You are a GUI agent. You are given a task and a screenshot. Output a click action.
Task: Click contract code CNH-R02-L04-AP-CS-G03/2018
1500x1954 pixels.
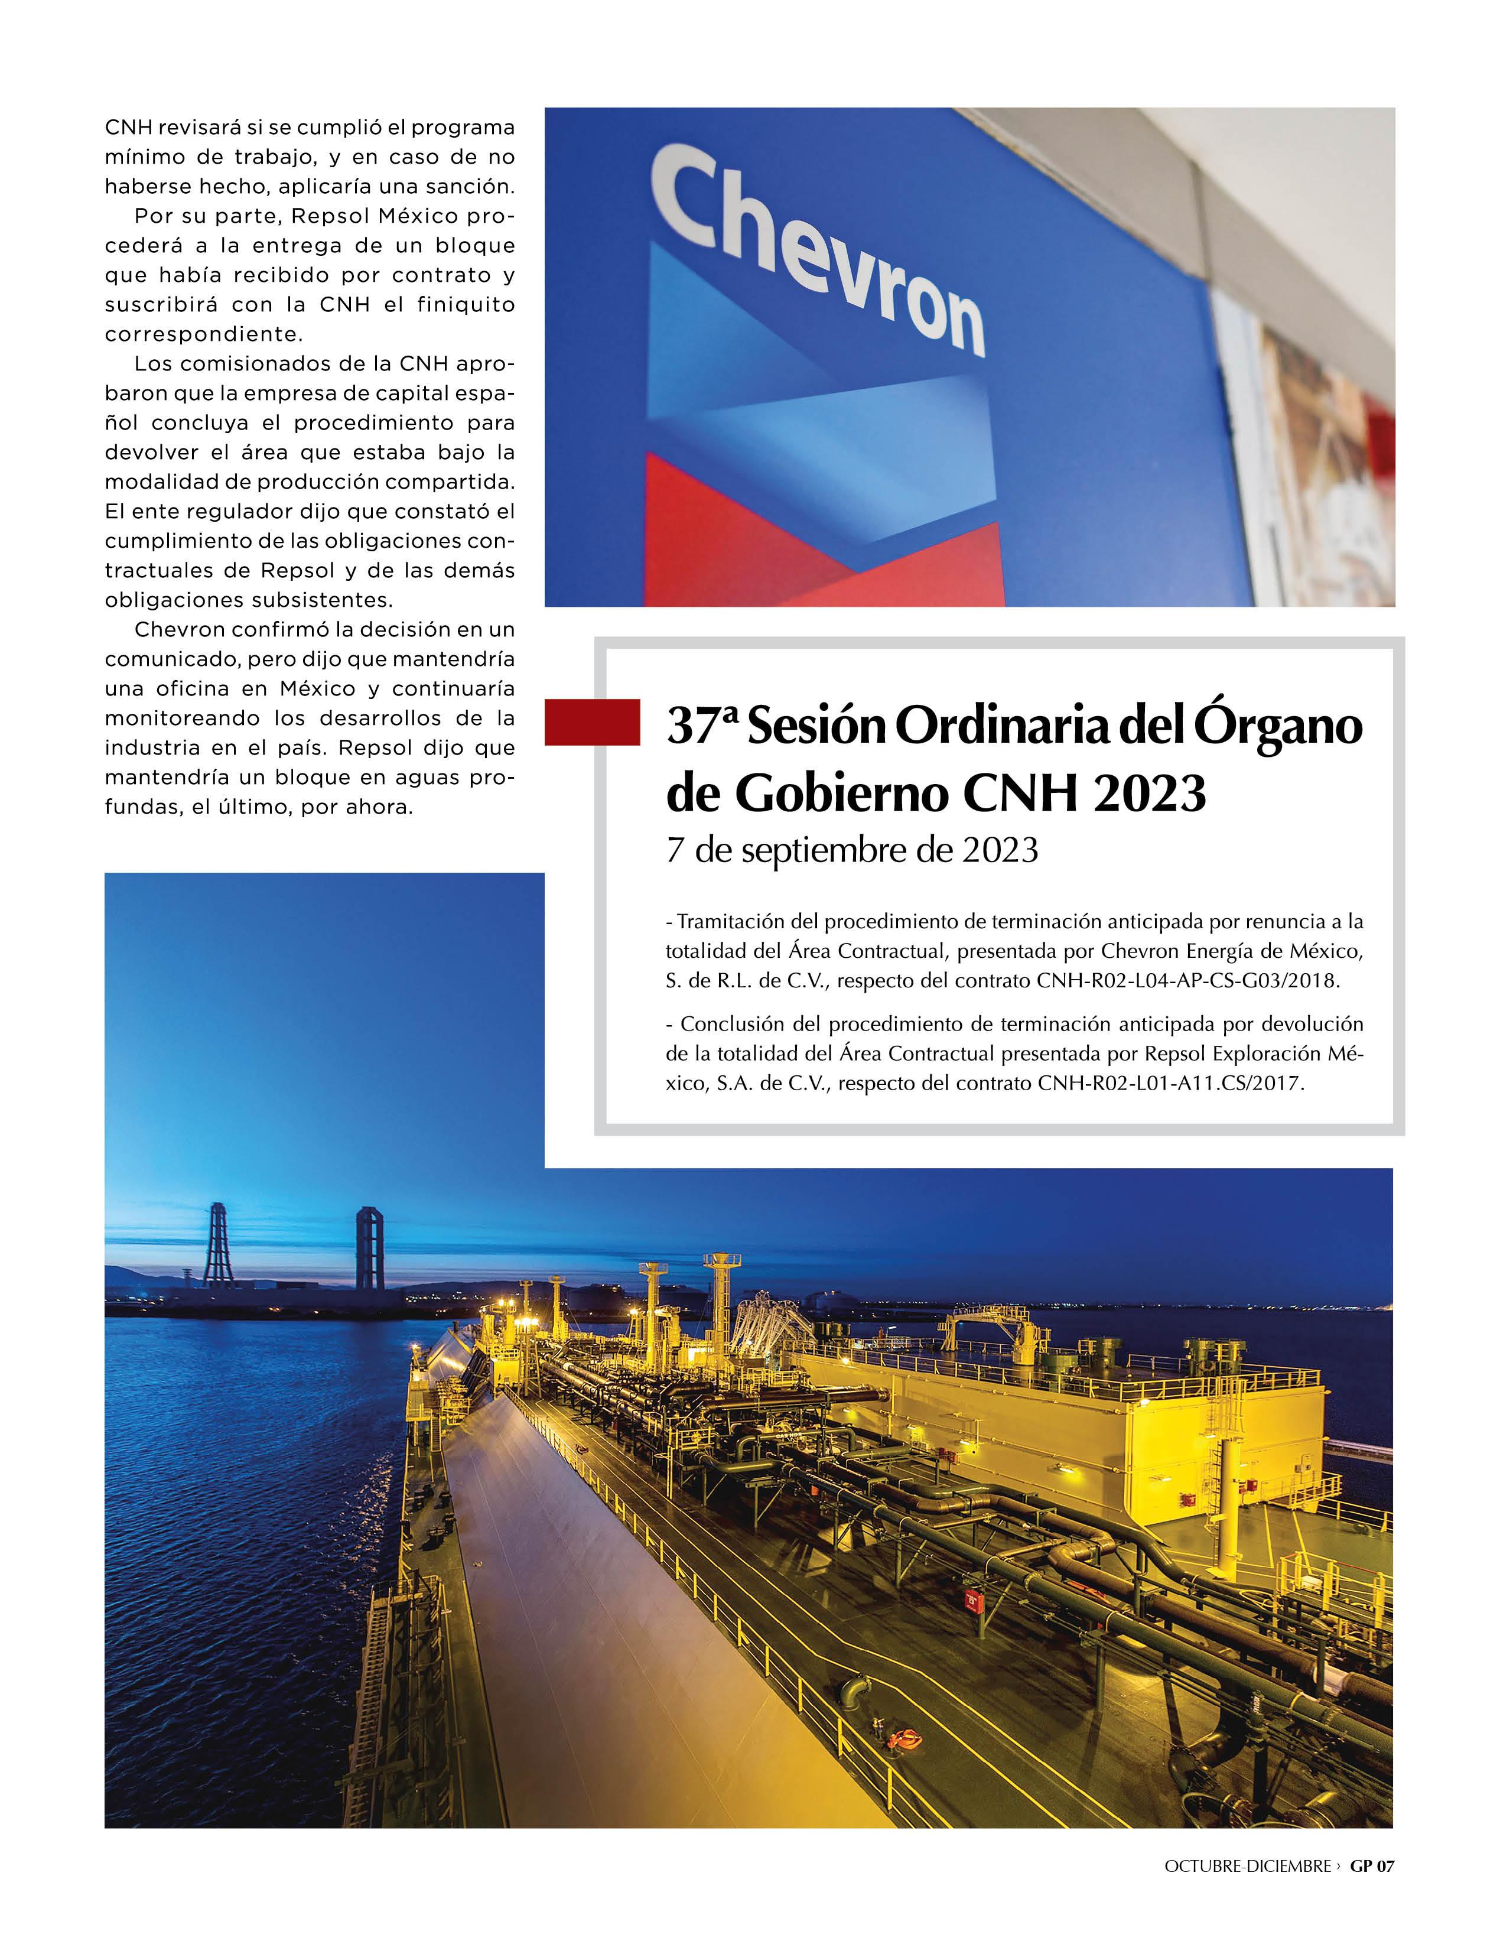click(1187, 981)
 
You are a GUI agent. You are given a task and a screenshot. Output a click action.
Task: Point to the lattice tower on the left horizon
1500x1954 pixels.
click(217, 1245)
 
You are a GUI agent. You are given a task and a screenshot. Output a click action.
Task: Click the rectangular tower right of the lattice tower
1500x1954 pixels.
click(370, 1247)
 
